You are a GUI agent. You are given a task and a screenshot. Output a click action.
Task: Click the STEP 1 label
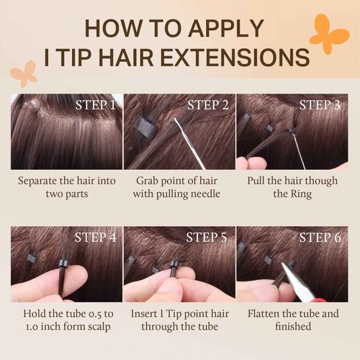(x=96, y=105)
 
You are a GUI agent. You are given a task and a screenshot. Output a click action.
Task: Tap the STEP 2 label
(x=207, y=105)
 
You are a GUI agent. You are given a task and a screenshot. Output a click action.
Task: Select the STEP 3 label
(x=320, y=105)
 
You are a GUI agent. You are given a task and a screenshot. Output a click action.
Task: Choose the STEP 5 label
(x=207, y=238)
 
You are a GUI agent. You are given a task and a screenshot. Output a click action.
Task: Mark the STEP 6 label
(x=320, y=238)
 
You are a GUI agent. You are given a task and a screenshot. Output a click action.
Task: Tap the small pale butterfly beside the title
(x=27, y=73)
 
